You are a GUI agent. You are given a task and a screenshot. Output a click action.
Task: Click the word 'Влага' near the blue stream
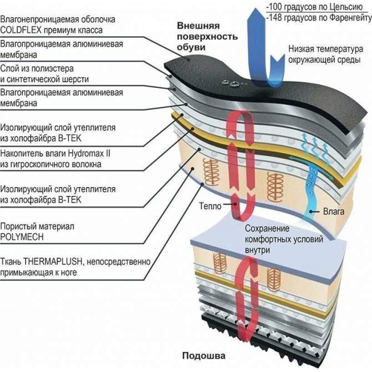pos(334,212)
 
